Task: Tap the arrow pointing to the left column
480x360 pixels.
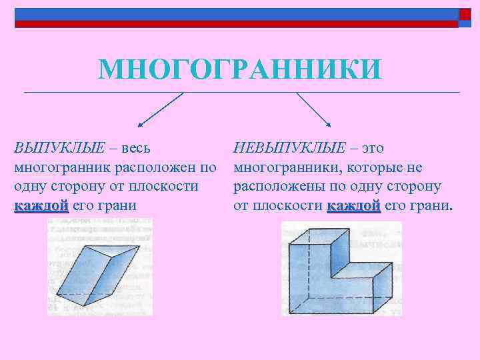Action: pyautogui.click(x=159, y=109)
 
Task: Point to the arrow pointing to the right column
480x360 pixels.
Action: pyautogui.click(x=314, y=109)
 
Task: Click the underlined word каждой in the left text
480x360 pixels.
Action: pyautogui.click(x=41, y=205)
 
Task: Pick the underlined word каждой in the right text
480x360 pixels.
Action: pyautogui.click(x=353, y=205)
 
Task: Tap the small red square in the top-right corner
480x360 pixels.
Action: pyautogui.click(x=465, y=14)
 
